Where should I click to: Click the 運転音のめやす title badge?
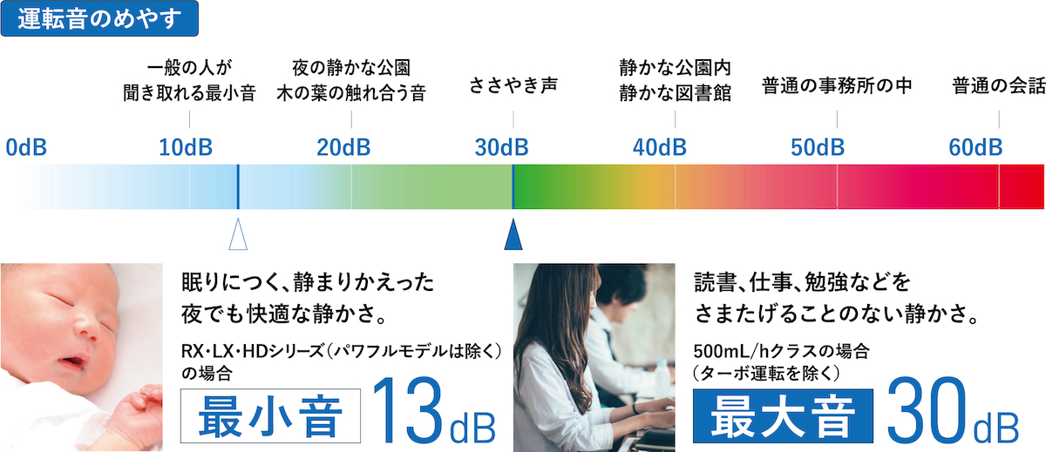coord(99,18)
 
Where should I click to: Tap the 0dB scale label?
coord(26,147)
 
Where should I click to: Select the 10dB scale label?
coord(186,147)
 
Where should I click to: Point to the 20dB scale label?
coord(343,147)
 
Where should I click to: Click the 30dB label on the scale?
coord(501,147)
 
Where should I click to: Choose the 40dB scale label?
coord(659,147)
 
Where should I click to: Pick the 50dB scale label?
coord(818,147)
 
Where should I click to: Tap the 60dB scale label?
coord(975,147)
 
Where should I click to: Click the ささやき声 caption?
coord(513,85)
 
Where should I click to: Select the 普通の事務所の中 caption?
coord(837,86)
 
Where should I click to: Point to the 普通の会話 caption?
coord(998,86)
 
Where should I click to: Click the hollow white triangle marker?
coord(238,234)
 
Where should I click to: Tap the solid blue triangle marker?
coord(513,234)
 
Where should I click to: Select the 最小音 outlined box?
coord(270,415)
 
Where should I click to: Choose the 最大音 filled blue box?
coord(783,415)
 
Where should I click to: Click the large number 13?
coord(407,410)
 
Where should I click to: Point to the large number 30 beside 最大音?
coord(927,410)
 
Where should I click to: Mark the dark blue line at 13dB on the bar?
coord(238,186)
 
